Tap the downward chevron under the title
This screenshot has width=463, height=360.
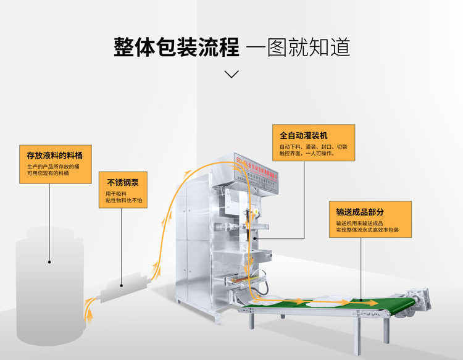pos(231,74)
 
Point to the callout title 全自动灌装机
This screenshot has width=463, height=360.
pos(303,135)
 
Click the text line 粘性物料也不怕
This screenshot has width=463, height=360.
pos(123,201)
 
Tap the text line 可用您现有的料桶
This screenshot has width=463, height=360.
pos(48,173)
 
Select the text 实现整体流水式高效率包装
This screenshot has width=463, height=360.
pos(367,230)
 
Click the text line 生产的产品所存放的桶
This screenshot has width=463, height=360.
pos(52,166)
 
